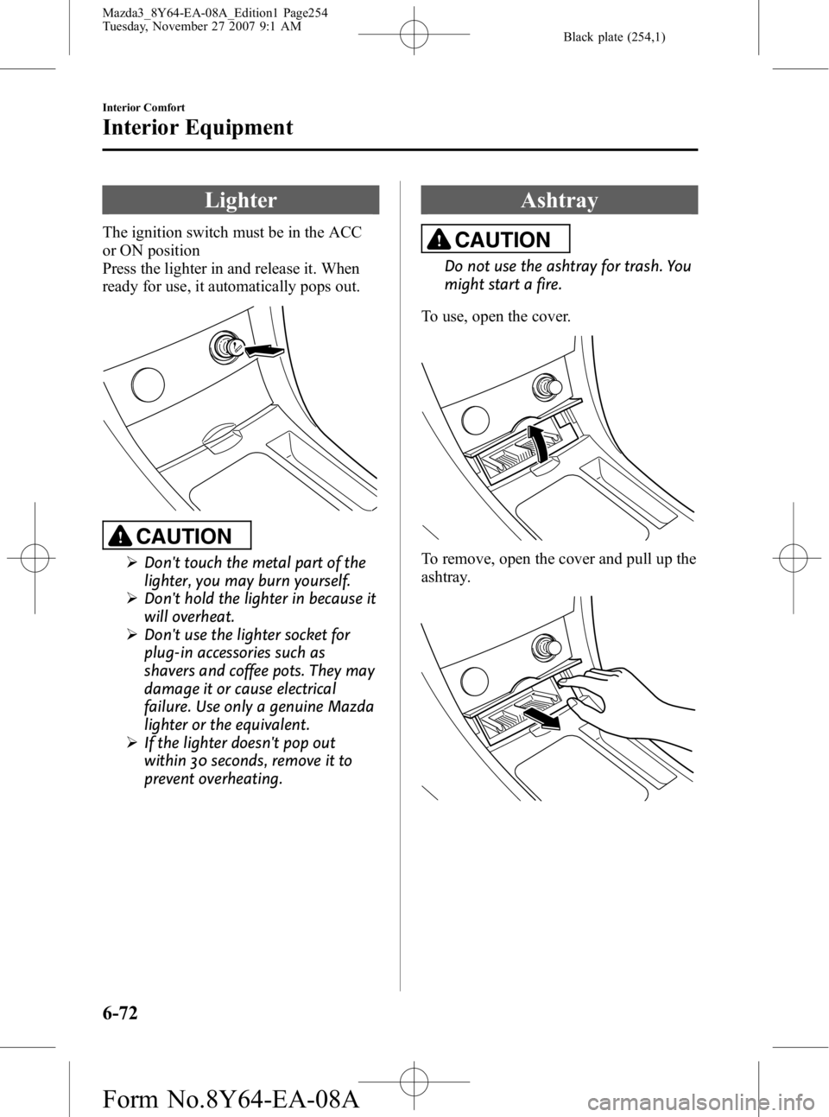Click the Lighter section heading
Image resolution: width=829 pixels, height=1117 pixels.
(x=241, y=200)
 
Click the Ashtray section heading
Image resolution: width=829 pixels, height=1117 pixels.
(x=560, y=200)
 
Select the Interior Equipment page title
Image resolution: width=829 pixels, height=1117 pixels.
(x=198, y=128)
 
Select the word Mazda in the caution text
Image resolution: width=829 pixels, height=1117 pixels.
(x=353, y=706)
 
